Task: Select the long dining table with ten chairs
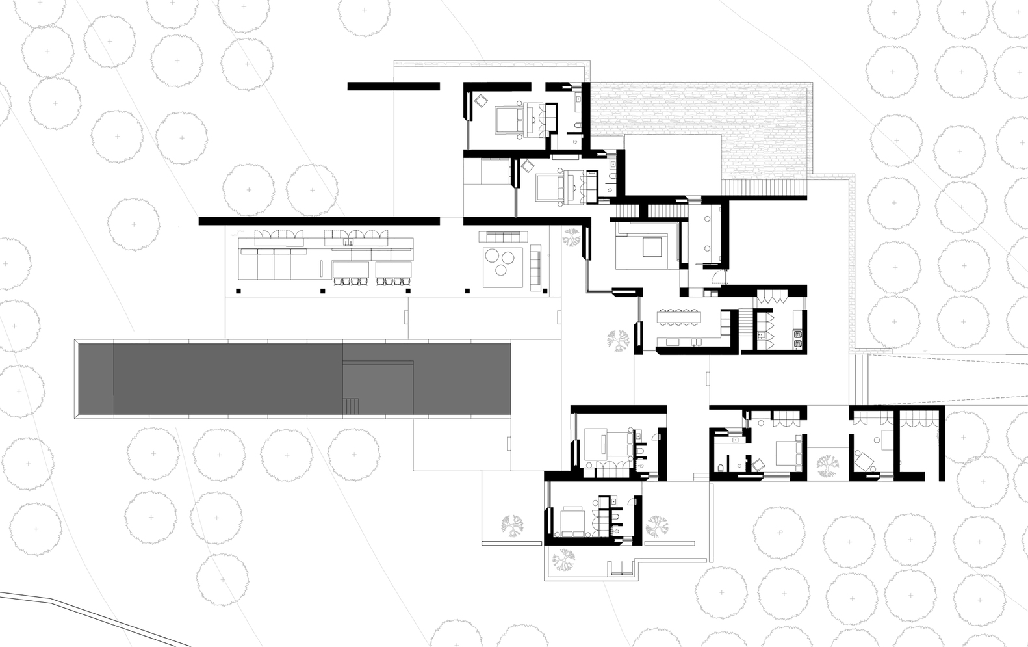(680, 317)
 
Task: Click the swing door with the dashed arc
(715, 277)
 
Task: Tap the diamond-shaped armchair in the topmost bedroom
(481, 101)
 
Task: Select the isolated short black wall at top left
(393, 86)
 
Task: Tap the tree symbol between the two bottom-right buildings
(827, 465)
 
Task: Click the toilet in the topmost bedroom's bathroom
(577, 125)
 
